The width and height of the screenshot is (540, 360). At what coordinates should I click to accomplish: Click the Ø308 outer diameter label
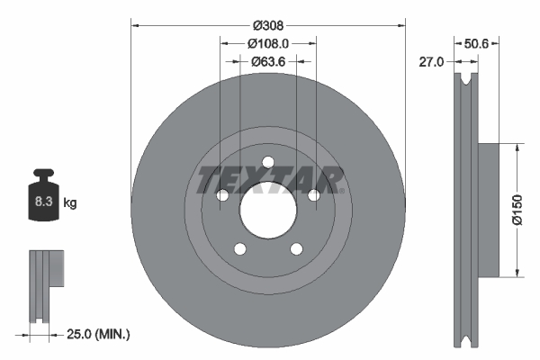point(268,26)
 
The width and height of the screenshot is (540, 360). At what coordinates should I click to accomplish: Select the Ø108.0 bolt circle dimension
point(268,43)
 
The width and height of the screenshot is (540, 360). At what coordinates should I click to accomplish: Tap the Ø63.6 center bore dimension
point(268,61)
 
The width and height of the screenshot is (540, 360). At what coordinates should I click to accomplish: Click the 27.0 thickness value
point(433,62)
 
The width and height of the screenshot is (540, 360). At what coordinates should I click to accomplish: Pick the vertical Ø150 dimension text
point(517,208)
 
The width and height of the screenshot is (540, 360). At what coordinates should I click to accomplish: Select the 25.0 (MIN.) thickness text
point(100,335)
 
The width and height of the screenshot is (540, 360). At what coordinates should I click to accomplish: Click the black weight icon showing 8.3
point(44,200)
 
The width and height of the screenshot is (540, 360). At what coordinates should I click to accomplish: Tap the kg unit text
point(70,203)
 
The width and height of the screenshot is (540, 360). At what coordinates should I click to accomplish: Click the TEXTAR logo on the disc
point(268,178)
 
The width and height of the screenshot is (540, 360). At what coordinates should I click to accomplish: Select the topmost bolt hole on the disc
point(268,162)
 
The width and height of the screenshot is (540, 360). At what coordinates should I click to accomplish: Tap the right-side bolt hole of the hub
point(314,195)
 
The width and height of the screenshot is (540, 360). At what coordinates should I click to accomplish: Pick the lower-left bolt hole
point(239,249)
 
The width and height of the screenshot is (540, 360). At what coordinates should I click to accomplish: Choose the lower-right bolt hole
point(297,249)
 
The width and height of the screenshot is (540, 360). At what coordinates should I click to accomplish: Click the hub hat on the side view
point(488,209)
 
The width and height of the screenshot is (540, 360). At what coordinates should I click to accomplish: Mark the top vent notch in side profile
point(465,82)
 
